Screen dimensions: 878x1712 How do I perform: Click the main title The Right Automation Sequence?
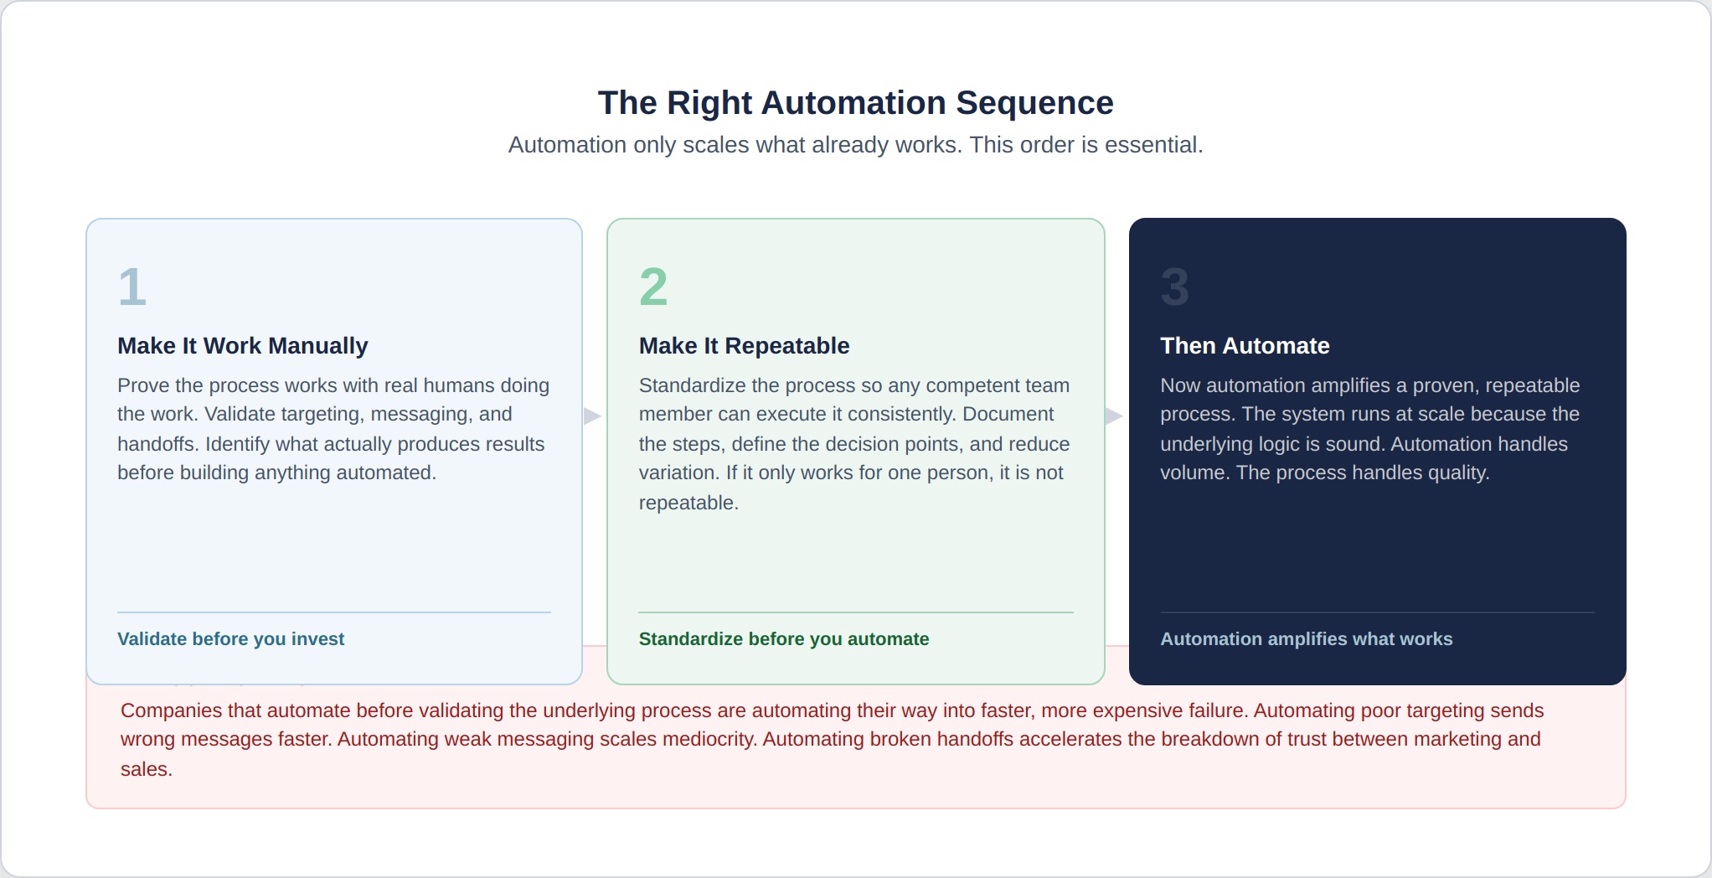(x=855, y=103)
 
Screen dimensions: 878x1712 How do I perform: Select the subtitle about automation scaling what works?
(x=855, y=145)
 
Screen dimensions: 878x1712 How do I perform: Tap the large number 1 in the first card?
(x=132, y=287)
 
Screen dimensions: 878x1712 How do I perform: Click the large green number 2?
(x=653, y=287)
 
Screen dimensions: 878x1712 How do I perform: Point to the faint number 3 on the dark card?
(x=1174, y=287)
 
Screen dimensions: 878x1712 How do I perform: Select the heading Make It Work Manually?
(x=243, y=346)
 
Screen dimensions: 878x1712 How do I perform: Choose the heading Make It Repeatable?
(x=744, y=346)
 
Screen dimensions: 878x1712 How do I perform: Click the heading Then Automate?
(x=1245, y=346)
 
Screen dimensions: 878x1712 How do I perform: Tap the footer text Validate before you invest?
(x=230, y=639)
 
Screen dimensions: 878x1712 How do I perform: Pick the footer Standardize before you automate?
(x=783, y=639)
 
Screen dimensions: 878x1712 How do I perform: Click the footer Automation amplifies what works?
(x=1306, y=639)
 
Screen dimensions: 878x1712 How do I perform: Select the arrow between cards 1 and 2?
(x=592, y=416)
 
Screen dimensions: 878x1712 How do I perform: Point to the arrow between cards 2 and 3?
(x=1113, y=416)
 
